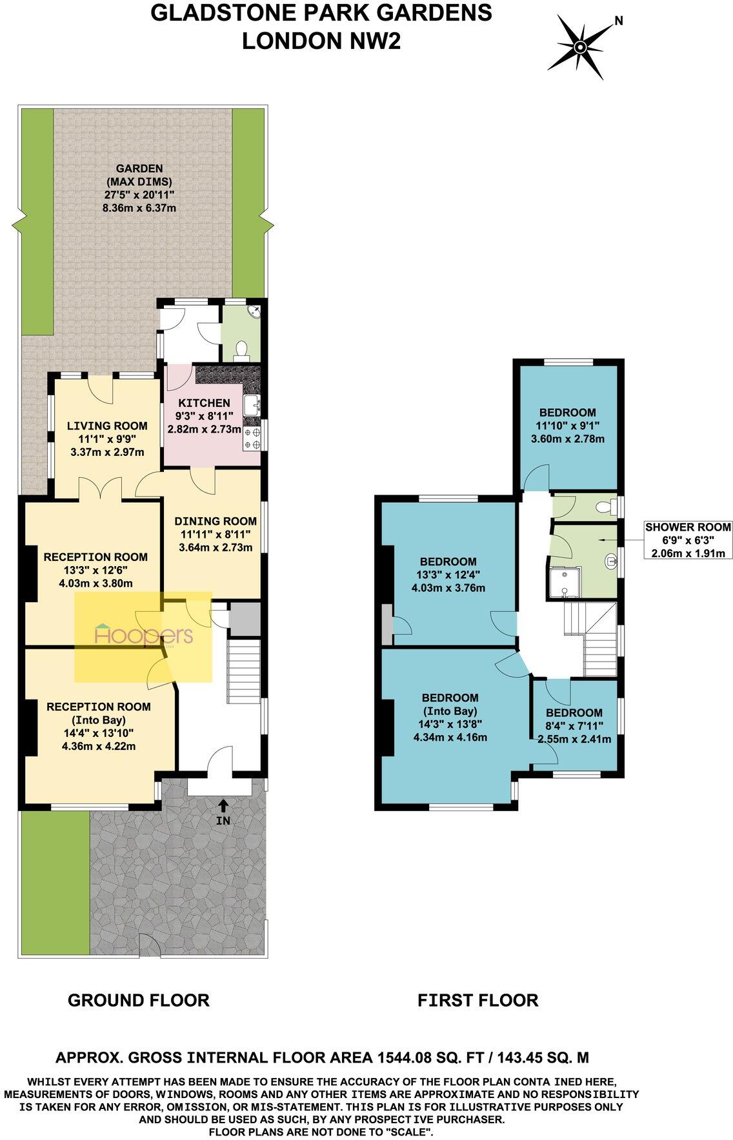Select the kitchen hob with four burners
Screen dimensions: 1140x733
pyautogui.click(x=252, y=438)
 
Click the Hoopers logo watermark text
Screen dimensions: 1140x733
pyautogui.click(x=143, y=636)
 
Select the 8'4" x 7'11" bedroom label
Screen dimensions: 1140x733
pyautogui.click(x=574, y=725)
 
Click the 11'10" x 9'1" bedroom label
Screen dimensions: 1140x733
pyautogui.click(x=568, y=426)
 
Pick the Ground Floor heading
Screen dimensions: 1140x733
pyautogui.click(x=139, y=1000)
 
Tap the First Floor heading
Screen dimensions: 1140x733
pyautogui.click(x=477, y=1000)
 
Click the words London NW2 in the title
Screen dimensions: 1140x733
pyautogui.click(x=321, y=41)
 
